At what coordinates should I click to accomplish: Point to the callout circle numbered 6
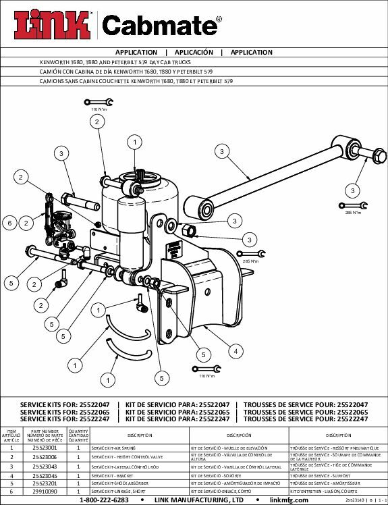click(10, 223)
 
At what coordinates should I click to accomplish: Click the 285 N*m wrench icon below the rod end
click(351, 205)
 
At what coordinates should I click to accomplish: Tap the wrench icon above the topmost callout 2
click(95, 102)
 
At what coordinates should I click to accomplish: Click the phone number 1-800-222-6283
click(105, 500)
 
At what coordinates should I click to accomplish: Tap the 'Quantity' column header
click(78, 433)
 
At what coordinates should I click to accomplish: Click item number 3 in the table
click(11, 466)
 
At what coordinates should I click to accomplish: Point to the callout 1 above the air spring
click(135, 142)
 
